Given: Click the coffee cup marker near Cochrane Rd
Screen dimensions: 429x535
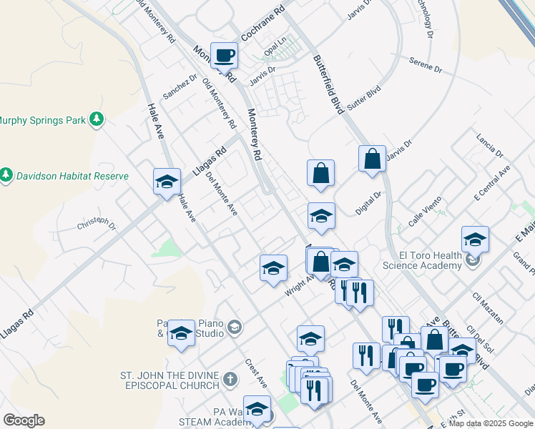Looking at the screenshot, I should click(x=224, y=54).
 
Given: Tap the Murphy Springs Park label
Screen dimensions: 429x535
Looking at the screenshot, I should click(x=43, y=120).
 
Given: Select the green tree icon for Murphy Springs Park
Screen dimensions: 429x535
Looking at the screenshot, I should click(x=97, y=120).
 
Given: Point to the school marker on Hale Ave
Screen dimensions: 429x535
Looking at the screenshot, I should click(x=167, y=181).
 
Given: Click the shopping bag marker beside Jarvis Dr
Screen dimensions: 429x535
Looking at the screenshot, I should click(x=373, y=159).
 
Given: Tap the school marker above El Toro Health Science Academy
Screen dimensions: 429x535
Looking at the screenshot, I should click(x=475, y=240).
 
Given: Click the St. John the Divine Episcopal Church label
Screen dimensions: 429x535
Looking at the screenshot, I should click(x=169, y=380).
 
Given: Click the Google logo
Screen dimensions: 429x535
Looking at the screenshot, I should click(x=24, y=420).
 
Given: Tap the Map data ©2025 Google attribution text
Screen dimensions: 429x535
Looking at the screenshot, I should click(x=491, y=423).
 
